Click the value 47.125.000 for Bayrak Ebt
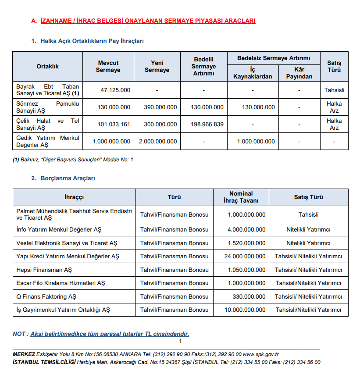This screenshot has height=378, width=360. pyautogui.click(x=115, y=90)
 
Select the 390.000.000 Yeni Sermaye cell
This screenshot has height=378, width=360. pyautogui.click(x=160, y=107)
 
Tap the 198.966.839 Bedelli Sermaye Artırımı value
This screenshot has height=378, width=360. pyautogui.click(x=207, y=125)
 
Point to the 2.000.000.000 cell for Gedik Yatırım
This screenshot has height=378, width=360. pyautogui.click(x=158, y=142)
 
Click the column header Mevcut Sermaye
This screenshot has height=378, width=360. pyautogui.click(x=108, y=67)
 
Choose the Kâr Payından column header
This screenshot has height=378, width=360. pyautogui.click(x=299, y=73)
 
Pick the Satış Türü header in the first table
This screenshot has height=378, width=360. pyautogui.click(x=334, y=67)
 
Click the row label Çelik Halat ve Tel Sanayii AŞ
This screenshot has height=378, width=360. pyautogui.click(x=47, y=125)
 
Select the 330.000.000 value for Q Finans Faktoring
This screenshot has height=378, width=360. pyautogui.click(x=249, y=297)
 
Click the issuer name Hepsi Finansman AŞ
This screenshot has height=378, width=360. pyautogui.click(x=44, y=270)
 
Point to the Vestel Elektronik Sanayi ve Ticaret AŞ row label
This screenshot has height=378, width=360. pyautogui.click(x=67, y=243)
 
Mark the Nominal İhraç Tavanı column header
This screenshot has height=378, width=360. pyautogui.click(x=241, y=197)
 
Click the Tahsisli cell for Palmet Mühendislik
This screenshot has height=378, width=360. pyautogui.click(x=308, y=215)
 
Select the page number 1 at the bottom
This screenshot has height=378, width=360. pyautogui.click(x=180, y=342)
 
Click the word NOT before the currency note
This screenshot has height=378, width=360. pyautogui.click(x=19, y=334)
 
